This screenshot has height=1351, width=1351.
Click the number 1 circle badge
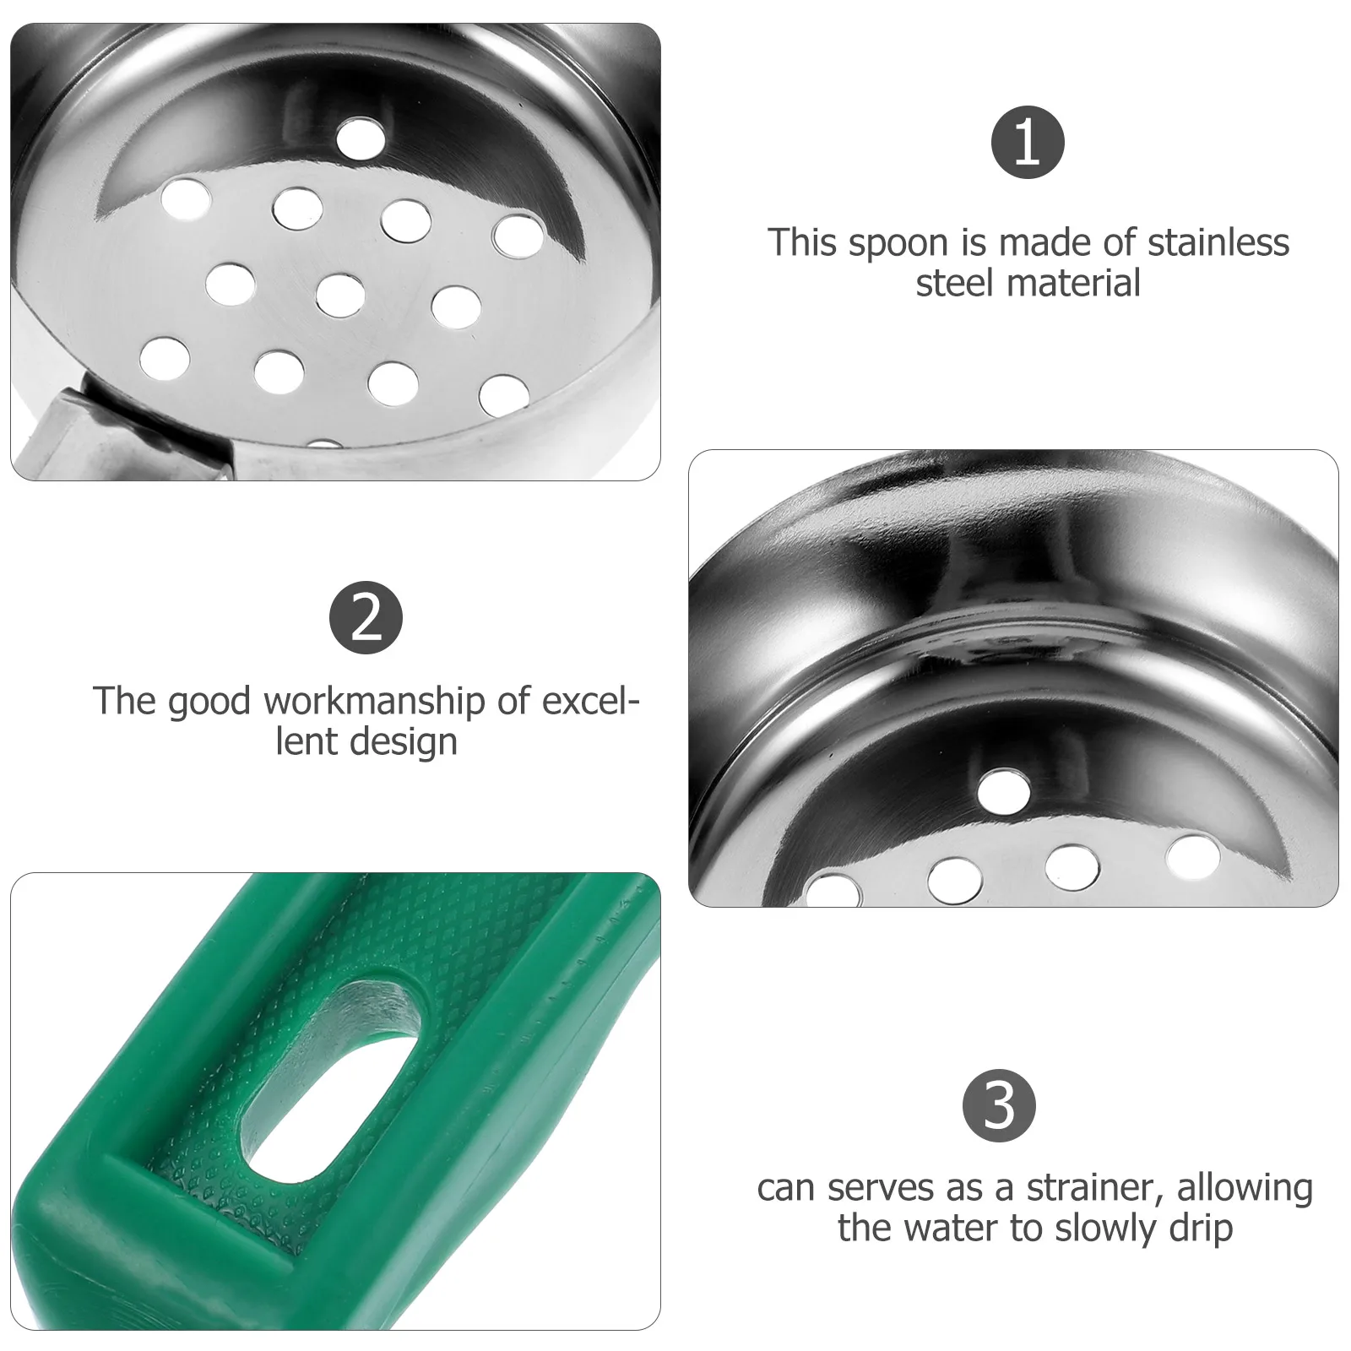[x=1027, y=144]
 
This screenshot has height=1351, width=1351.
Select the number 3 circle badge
[x=1000, y=1105]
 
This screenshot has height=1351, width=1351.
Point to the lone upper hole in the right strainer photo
[x=1004, y=788]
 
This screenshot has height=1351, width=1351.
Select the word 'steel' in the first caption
[x=952, y=283]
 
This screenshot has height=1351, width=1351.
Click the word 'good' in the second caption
[x=209, y=703]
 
